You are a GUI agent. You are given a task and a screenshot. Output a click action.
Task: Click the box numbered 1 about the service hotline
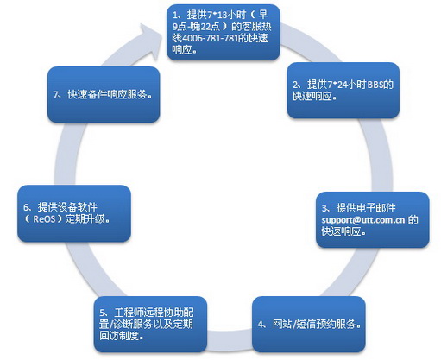(x=224, y=32)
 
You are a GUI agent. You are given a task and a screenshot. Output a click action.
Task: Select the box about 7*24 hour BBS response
(x=343, y=91)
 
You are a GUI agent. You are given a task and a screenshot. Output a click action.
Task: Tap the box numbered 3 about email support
(x=373, y=219)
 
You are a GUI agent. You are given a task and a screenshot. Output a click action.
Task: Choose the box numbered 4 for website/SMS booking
(x=309, y=324)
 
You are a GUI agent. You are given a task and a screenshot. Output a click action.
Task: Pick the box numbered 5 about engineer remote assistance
(x=150, y=324)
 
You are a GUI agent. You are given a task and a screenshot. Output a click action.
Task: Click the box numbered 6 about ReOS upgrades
(x=74, y=213)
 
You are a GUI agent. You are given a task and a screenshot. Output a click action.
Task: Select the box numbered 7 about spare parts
(x=104, y=95)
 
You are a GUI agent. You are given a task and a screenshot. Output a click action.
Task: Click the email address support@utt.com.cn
(x=363, y=220)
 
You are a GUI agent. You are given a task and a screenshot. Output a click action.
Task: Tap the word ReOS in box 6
(x=44, y=219)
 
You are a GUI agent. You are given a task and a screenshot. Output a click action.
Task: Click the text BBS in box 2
(x=375, y=85)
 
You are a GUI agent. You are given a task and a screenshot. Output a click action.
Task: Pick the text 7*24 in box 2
(x=336, y=85)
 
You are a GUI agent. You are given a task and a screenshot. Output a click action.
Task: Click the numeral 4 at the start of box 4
(x=261, y=325)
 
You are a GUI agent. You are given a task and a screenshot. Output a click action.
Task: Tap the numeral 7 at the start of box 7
(x=56, y=95)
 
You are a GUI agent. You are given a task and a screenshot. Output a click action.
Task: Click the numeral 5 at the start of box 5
(x=102, y=313)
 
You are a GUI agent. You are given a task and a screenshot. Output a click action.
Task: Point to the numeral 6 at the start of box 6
(x=26, y=207)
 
